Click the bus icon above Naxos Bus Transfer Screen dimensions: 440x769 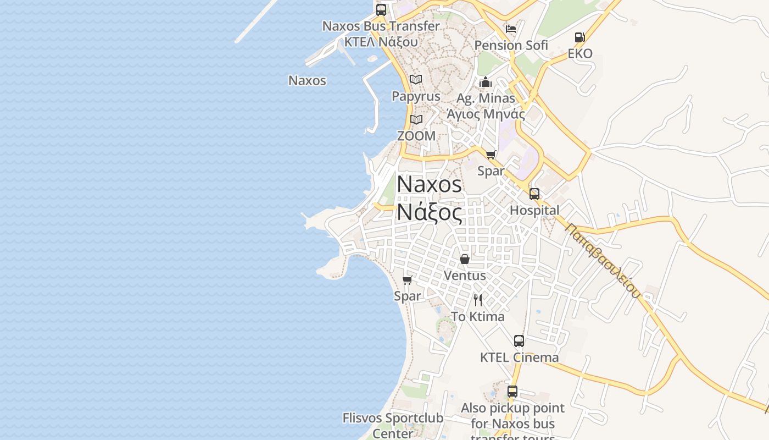381,10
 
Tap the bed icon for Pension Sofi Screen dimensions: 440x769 511,29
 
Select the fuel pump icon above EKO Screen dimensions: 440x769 579,37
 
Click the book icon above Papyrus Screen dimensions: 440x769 416,80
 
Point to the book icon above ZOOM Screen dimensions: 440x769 416,119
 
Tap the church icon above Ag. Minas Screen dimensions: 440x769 486,82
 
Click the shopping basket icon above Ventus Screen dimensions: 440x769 465,259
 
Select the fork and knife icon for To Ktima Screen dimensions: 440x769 478,300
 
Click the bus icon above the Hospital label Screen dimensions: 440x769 534,194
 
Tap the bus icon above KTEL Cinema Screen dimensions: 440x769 519,341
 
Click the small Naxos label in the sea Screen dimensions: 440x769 307,80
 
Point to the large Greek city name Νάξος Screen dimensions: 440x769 430,212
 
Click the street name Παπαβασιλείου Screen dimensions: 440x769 603,261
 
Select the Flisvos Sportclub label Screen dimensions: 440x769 393,418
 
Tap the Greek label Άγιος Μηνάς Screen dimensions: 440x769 486,114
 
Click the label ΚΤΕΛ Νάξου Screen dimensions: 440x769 381,42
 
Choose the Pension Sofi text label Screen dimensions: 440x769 511,45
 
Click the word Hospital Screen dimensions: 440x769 534,210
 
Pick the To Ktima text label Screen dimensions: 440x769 477,317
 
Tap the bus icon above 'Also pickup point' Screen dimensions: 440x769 512,392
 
